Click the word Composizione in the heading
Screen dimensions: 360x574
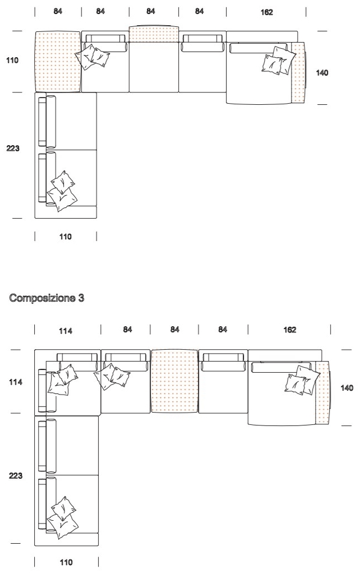pyautogui.click(x=41, y=298)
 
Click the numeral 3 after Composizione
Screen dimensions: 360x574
pyautogui.click(x=81, y=298)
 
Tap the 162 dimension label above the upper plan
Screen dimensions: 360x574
pyautogui.click(x=266, y=12)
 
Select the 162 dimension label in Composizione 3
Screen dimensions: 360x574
pyautogui.click(x=289, y=330)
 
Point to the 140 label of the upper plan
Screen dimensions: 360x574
pyautogui.click(x=322, y=73)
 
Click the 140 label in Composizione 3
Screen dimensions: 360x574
pyautogui.click(x=347, y=388)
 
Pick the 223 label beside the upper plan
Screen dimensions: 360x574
pyautogui.click(x=13, y=148)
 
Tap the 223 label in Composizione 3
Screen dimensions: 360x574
pyautogui.click(x=15, y=475)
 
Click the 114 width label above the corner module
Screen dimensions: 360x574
pyautogui.click(x=65, y=331)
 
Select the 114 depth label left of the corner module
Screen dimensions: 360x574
pyautogui.click(x=15, y=382)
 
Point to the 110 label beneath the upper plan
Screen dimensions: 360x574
pyautogui.click(x=65, y=237)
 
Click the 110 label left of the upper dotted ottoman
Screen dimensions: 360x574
pyautogui.click(x=12, y=60)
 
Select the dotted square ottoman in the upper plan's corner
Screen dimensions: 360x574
pyautogui.click(x=58, y=62)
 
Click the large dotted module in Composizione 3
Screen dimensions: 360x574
pyautogui.click(x=174, y=381)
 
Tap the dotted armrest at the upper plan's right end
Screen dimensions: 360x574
pyautogui.click(x=298, y=73)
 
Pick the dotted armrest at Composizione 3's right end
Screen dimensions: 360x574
pyautogui.click(x=322, y=392)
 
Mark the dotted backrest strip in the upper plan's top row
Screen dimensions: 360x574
pyautogui.click(x=154, y=34)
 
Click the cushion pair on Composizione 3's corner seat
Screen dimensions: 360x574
pyautogui.click(x=62, y=380)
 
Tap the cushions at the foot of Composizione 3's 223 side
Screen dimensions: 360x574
pyautogui.click(x=63, y=517)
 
